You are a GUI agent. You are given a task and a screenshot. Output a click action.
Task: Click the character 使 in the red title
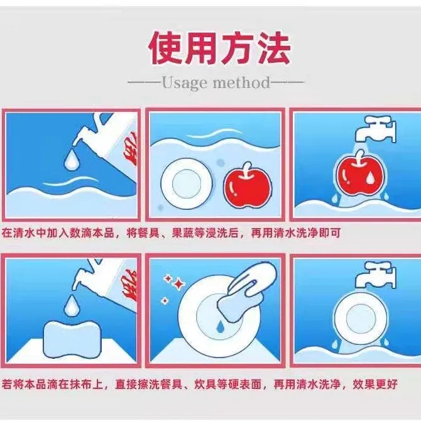167,48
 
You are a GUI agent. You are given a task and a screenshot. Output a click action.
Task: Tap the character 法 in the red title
272,48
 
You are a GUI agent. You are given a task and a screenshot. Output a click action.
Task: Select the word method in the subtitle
241,82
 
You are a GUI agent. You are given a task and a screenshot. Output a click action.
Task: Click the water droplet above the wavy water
72,160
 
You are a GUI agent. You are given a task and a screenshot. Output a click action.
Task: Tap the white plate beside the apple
187,184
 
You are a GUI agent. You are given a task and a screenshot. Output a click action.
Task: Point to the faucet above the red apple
376,128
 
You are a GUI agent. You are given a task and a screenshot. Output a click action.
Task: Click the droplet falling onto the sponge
72,305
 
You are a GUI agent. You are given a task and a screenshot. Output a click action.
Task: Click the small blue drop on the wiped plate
220,325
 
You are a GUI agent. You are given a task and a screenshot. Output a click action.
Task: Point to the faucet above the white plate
376,275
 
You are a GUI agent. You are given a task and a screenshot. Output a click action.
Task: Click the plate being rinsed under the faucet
361,319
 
